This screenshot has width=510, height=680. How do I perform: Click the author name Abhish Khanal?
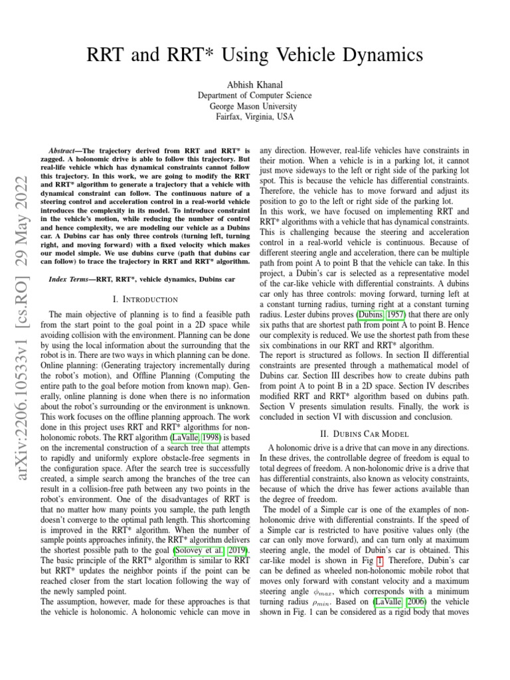(254, 84)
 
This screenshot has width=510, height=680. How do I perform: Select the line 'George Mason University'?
(254, 106)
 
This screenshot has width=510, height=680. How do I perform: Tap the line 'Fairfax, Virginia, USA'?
(254, 117)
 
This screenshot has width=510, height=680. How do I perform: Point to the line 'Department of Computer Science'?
(254, 96)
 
